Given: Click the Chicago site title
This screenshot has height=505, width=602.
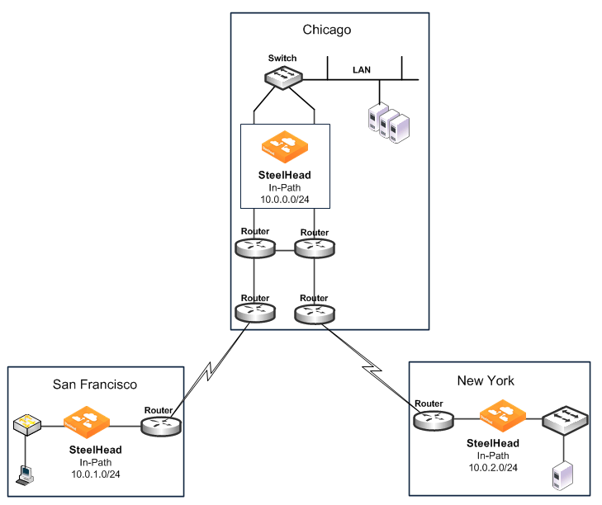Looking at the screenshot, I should (327, 30).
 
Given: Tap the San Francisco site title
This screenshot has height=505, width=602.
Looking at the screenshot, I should (94, 384).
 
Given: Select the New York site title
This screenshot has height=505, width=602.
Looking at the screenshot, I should (486, 380).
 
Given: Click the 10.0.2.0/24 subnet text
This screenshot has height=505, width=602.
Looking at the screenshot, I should (492, 467).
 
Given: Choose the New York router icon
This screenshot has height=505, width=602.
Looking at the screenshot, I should (433, 420).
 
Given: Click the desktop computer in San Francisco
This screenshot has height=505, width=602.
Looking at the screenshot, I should (26, 474).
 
